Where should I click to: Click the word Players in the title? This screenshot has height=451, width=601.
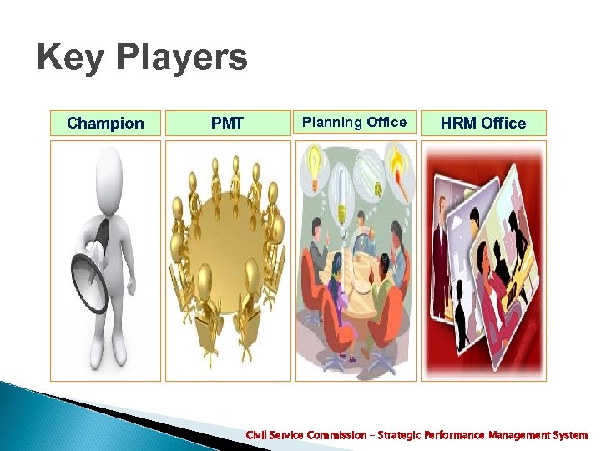pos(182,59)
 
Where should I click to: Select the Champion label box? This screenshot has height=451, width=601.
pos(105,124)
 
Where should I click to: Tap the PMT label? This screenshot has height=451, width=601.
pos(227,124)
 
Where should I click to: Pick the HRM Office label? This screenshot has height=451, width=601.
pos(483,124)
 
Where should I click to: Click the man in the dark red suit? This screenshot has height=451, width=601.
pos(441,259)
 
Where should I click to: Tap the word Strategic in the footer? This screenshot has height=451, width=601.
pos(398,435)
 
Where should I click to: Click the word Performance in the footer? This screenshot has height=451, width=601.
pos(456,435)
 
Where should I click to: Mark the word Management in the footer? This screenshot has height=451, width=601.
pos(518,435)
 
